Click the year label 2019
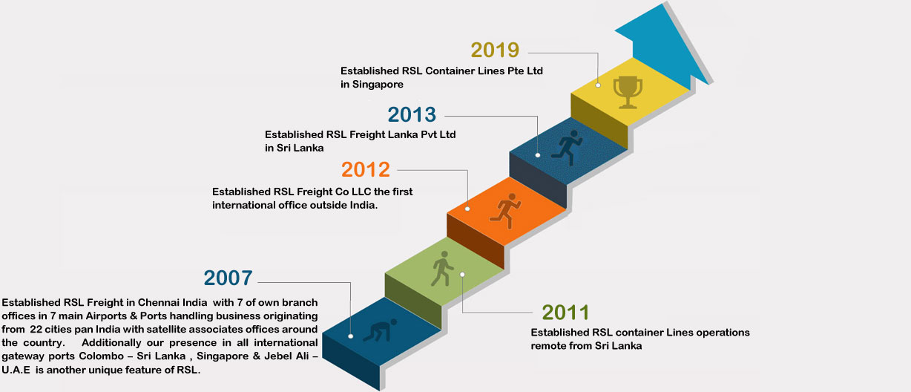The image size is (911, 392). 495,50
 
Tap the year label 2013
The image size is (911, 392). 412,114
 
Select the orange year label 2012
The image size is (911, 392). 366,169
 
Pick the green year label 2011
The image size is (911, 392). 565,313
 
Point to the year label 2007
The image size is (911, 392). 228,278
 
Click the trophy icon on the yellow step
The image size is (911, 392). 628,92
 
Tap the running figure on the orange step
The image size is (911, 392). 505,211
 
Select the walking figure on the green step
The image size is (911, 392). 442,268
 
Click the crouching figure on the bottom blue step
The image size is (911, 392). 380,330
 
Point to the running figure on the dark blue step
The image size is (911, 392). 568,147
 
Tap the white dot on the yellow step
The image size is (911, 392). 598,85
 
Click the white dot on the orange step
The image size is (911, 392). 467,209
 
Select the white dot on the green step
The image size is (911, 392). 462,275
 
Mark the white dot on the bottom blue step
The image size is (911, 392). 351,336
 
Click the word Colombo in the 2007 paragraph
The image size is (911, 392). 102,356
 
